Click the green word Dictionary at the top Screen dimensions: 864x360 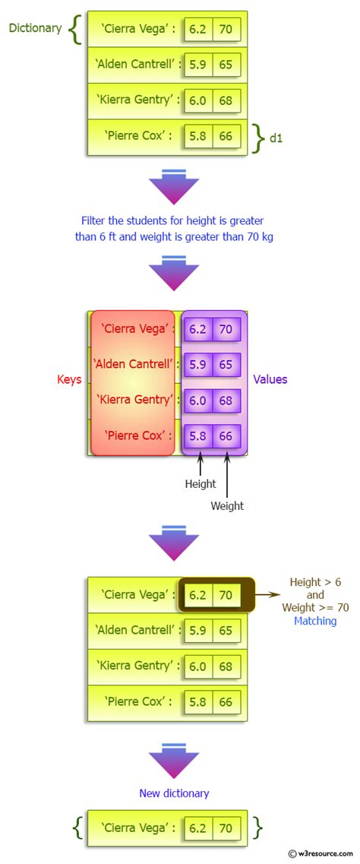pyautogui.click(x=35, y=28)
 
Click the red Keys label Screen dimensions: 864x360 pyautogui.click(x=69, y=379)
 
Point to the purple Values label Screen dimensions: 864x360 pyautogui.click(x=270, y=379)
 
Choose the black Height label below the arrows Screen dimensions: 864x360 pyautogui.click(x=201, y=483)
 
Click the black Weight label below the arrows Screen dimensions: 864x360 pyautogui.click(x=227, y=505)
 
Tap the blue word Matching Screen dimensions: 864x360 pyautogui.click(x=315, y=621)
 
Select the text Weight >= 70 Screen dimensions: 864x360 pyautogui.click(x=315, y=608)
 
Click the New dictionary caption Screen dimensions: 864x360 pyautogui.click(x=174, y=793)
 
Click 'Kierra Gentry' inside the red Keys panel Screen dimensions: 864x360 pyautogui.click(x=132, y=400)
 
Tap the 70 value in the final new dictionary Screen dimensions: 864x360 pyautogui.click(x=226, y=828)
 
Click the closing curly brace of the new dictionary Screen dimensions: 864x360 pyautogui.click(x=257, y=828)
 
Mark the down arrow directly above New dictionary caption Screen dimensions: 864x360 pyautogui.click(x=174, y=761)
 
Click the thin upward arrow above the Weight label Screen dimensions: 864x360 pyautogui.click(x=227, y=475)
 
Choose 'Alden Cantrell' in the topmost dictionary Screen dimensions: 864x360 pyautogui.click(x=137, y=65)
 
